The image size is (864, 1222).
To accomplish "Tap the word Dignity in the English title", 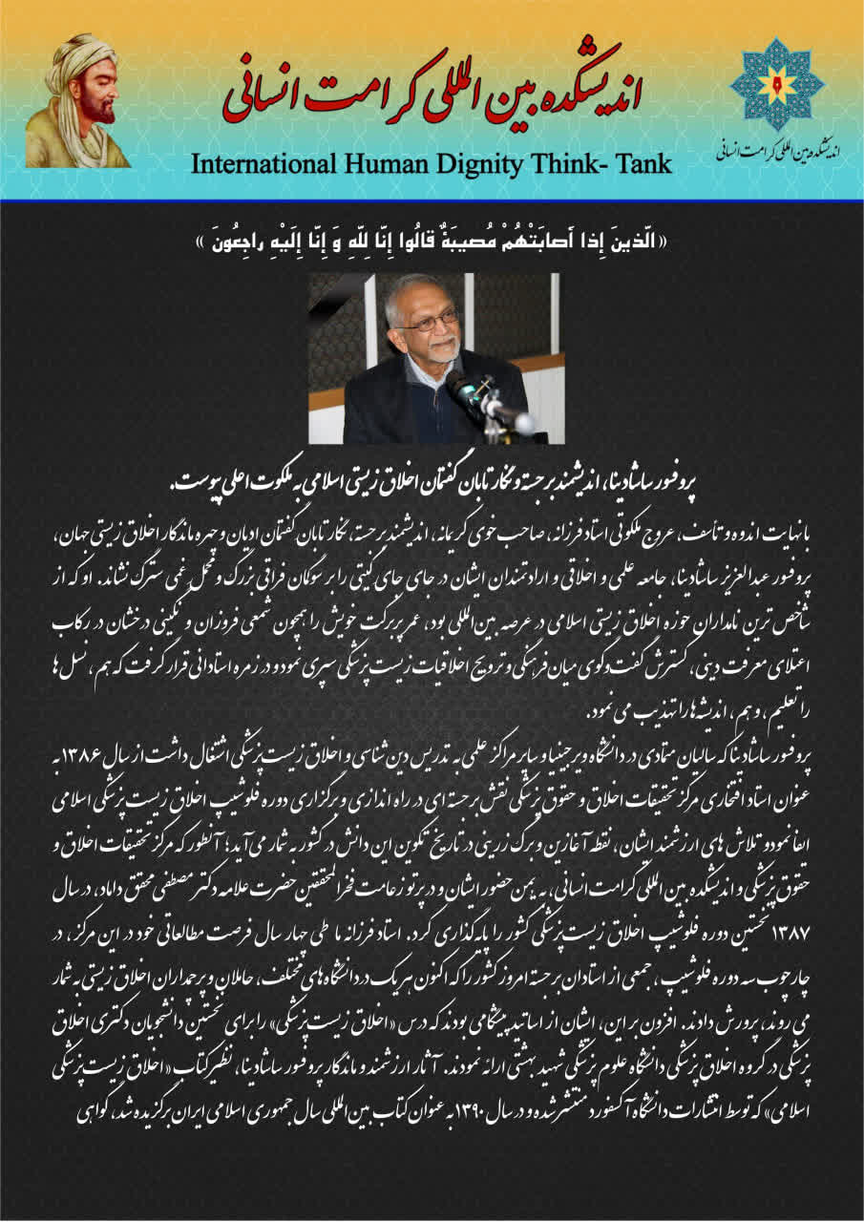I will click(x=472, y=164).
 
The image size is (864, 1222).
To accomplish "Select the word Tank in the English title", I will click(x=641, y=164).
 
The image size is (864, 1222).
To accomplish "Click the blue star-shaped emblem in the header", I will click(x=776, y=84).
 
